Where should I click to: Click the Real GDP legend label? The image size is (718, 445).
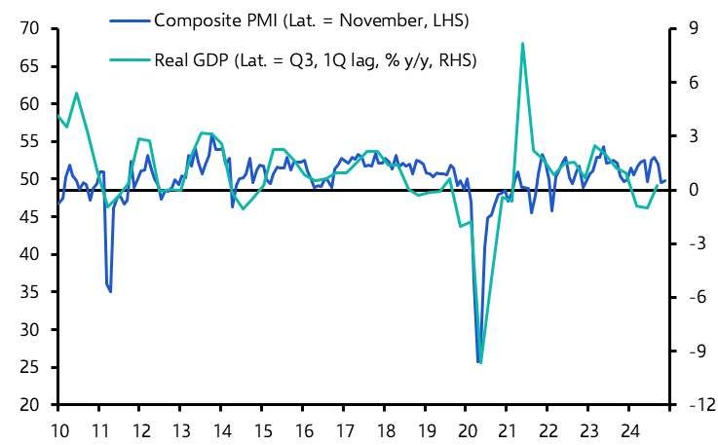(x=315, y=60)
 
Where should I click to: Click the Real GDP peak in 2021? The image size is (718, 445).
(x=523, y=44)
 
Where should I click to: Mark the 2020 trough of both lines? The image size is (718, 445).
(x=479, y=362)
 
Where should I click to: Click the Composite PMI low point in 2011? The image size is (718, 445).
(x=110, y=291)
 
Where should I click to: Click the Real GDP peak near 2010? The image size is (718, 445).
(x=77, y=93)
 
